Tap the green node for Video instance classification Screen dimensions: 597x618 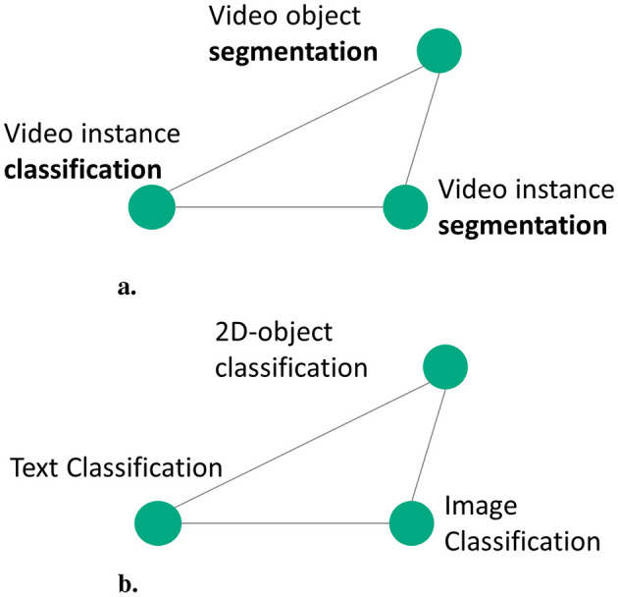152,207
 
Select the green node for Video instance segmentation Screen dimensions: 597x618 404,207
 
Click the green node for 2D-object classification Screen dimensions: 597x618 444,366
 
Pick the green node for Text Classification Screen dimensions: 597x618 158,522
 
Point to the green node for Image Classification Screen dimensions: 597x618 412,522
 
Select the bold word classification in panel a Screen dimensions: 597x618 82,168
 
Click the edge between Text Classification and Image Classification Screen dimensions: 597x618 284,522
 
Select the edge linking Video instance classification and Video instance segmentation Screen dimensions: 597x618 279,207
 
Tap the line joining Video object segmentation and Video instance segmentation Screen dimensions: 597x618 421,128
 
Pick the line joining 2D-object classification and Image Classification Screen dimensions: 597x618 429,444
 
